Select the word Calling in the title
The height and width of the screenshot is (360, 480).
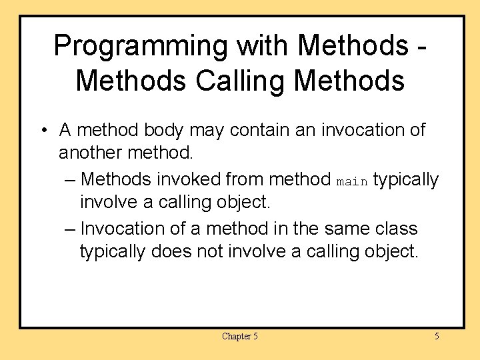pyautogui.click(x=243, y=81)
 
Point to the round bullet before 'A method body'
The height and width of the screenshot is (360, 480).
pyautogui.click(x=42, y=130)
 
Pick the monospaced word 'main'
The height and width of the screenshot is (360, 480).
pyautogui.click(x=352, y=181)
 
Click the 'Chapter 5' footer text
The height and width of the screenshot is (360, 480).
pyautogui.click(x=239, y=336)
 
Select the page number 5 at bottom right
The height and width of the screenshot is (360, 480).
pyautogui.click(x=437, y=336)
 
